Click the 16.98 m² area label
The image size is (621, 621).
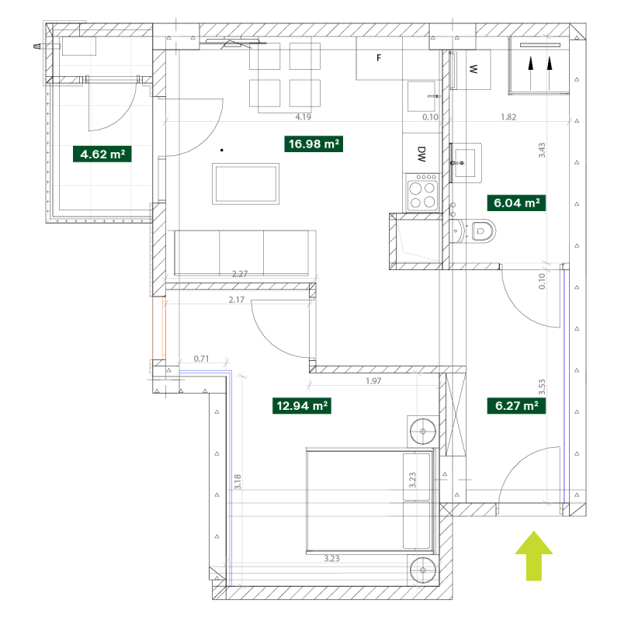coord(314,144)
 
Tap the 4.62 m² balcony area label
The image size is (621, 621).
coord(102,154)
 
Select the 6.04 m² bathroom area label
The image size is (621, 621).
coord(516,203)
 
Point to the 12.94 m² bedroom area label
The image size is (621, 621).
coord(302,406)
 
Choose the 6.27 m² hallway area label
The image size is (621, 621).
coord(516,406)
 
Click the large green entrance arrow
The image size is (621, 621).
coord(534,556)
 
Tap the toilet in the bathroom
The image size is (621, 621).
coord(473,231)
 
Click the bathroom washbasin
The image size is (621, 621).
coord(465,163)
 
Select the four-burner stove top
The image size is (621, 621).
coord(422,193)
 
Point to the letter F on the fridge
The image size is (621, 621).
coord(379,57)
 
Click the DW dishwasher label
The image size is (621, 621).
coord(422,154)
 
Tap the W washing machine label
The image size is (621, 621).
coord(473,69)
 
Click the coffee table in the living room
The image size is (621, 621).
coord(245,184)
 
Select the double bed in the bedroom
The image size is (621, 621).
coord(370,501)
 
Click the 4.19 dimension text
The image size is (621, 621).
coord(303,117)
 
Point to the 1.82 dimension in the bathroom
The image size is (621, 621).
coord(508,117)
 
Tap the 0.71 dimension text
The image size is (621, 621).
coord(201,359)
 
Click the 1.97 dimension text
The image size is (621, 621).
coord(373,381)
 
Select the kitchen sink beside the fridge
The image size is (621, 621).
coord(422,96)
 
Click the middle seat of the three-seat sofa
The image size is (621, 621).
coord(241,252)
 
